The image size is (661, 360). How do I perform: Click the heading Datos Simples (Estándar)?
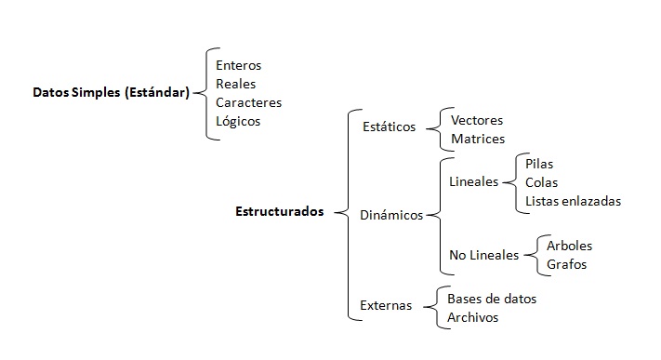[111, 93]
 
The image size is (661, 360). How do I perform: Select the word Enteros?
[239, 66]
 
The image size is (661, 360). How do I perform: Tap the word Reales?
[235, 84]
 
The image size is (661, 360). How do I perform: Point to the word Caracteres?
[248, 102]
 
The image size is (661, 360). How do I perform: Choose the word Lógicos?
[238, 121]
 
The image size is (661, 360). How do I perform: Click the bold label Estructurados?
[280, 211]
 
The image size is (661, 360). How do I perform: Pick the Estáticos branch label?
[390, 127]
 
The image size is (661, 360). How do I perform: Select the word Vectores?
[477, 121]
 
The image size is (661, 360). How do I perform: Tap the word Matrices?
[478, 140]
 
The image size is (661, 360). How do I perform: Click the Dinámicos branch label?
[391, 216]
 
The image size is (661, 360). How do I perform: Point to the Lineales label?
[473, 182]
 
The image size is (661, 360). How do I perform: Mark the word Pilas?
[539, 164]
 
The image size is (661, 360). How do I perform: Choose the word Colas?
[542, 182]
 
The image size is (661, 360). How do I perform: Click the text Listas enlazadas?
[573, 201]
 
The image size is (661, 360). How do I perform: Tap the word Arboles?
[570, 247]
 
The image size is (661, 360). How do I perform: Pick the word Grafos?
[567, 265]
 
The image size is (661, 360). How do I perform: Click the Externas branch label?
[386, 305]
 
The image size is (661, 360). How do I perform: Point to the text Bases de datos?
[492, 299]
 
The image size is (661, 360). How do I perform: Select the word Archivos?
[473, 317]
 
